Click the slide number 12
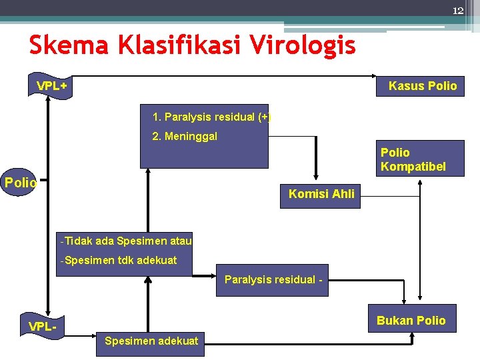click(457, 11)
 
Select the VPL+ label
click(51, 87)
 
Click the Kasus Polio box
click(423, 85)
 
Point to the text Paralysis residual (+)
click(211, 117)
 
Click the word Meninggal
click(185, 137)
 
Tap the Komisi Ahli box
click(321, 195)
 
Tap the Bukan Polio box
click(411, 320)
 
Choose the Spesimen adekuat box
click(151, 341)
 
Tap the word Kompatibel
click(413, 166)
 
